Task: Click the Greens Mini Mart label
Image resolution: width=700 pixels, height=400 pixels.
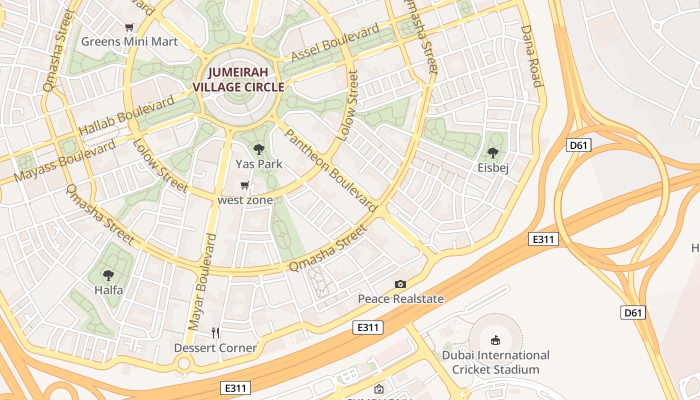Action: pos(129,41)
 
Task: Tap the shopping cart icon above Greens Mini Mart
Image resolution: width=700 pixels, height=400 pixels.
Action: pos(129,27)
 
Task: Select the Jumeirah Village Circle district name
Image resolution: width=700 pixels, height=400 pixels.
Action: pos(238,79)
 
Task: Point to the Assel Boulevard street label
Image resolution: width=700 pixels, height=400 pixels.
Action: pos(335,43)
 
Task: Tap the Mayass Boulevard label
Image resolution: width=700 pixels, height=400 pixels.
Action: pos(65,161)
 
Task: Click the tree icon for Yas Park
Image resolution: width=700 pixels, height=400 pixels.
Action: pos(258,149)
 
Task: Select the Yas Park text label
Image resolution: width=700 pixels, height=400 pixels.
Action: pos(258,164)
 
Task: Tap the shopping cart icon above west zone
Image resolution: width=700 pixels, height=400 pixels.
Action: pos(245,185)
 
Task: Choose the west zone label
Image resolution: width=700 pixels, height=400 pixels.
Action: pos(245,200)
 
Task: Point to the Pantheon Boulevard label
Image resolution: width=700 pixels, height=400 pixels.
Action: pos(330,169)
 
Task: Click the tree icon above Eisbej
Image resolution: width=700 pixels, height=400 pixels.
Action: pos(493,153)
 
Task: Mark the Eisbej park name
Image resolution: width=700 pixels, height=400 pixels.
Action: pos(493,167)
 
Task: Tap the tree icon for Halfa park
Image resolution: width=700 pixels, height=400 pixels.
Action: pos(108,275)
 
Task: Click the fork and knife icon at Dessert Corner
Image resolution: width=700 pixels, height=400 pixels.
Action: pos(215,333)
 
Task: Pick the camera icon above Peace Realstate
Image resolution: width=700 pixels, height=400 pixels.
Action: pos(400,284)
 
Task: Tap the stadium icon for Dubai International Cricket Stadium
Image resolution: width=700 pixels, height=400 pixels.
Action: pos(495,340)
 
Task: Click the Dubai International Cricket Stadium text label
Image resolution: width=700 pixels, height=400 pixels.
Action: pos(495,362)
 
